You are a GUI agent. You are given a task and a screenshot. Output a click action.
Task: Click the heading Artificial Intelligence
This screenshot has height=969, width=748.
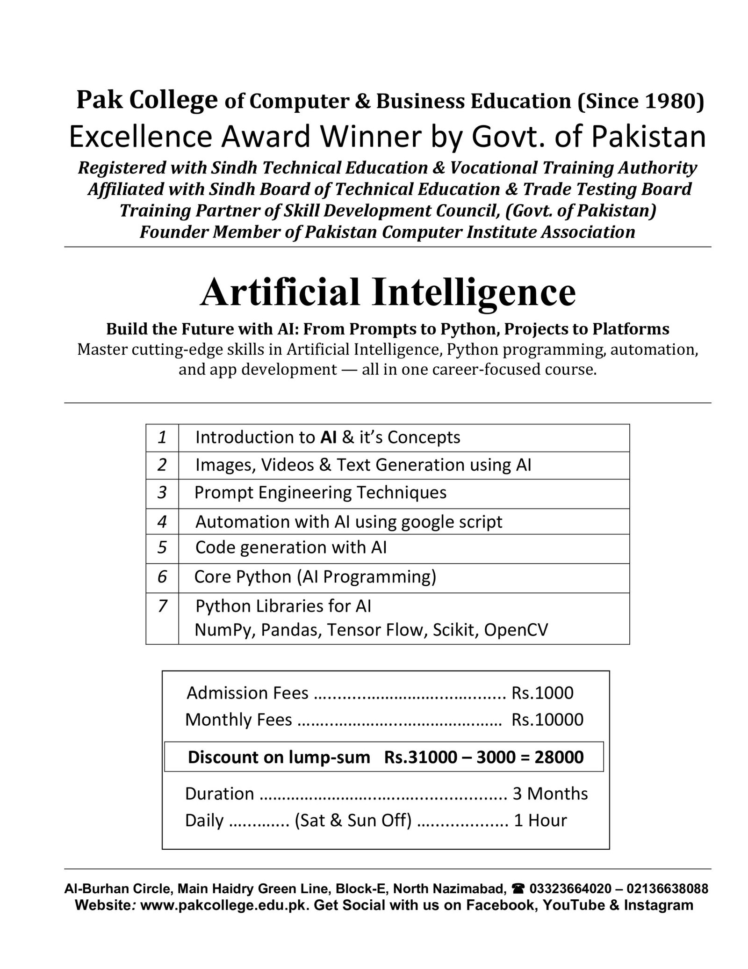(388, 292)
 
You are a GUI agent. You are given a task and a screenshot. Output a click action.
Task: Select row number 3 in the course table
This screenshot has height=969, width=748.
(162, 493)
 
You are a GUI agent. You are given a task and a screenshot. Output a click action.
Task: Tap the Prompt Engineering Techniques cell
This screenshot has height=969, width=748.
(320, 493)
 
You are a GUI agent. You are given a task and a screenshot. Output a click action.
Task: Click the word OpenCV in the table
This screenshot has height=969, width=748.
(516, 630)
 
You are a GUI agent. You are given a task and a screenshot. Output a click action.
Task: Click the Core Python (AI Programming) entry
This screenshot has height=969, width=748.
(315, 577)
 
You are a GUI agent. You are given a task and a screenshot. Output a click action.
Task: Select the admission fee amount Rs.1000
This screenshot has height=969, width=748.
(542, 693)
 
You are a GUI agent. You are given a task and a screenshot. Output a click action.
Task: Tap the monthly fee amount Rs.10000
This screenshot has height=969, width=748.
(547, 720)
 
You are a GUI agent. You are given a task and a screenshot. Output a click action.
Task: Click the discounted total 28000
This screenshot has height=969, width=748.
(559, 757)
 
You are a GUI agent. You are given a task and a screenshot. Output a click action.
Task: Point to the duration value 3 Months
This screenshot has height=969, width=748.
(550, 794)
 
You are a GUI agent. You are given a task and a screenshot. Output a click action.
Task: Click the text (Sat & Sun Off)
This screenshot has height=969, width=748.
(353, 821)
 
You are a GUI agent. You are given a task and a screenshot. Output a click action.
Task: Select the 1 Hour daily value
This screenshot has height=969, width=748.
(540, 821)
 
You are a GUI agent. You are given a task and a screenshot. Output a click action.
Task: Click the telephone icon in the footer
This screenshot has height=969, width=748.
(518, 889)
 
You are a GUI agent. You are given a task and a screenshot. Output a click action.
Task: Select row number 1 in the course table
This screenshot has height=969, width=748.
(162, 437)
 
